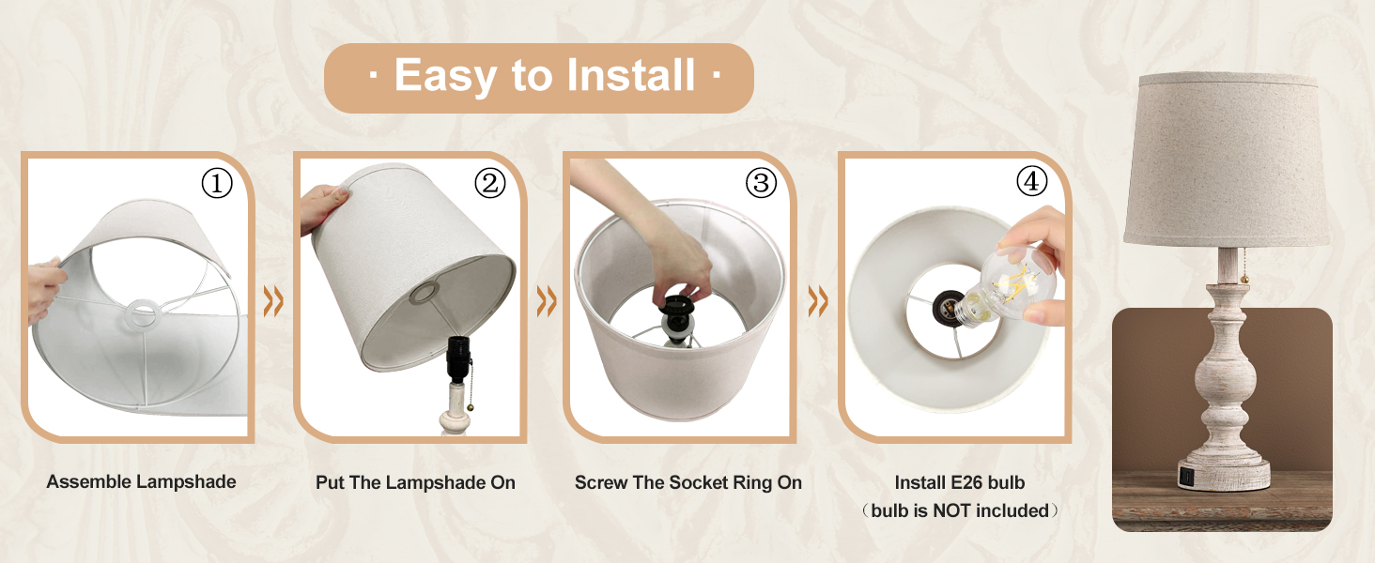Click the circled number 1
[x=217, y=183]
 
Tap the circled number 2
[x=490, y=183]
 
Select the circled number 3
[x=761, y=183]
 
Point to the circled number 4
[x=1032, y=181]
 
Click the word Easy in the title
[x=445, y=76]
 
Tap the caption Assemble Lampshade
[x=141, y=481]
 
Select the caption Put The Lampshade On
[x=415, y=482]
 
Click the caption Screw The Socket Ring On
[x=688, y=482]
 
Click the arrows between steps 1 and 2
[x=273, y=301]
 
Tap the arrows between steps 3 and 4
[x=818, y=301]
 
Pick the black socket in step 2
[x=458, y=358]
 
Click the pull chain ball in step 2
[x=471, y=406]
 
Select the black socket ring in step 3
[x=675, y=306]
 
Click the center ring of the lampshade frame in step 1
[x=143, y=312]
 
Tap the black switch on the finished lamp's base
[x=1185, y=477]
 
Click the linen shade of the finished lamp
[x=1227, y=160]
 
